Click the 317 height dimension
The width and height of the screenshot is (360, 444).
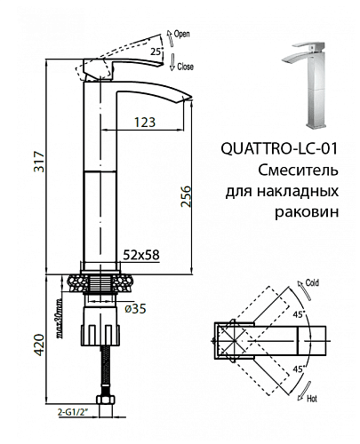(x=39, y=162)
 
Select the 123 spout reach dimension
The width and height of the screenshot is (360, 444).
(x=145, y=123)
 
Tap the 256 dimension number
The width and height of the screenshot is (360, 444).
(x=186, y=196)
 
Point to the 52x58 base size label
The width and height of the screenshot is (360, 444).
(x=141, y=255)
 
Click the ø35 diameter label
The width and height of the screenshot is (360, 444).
(x=135, y=309)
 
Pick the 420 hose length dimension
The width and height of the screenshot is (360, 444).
(x=39, y=345)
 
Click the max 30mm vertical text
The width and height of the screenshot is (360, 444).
(x=60, y=318)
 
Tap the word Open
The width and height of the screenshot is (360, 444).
(x=181, y=35)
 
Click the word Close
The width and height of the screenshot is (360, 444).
(x=185, y=67)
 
